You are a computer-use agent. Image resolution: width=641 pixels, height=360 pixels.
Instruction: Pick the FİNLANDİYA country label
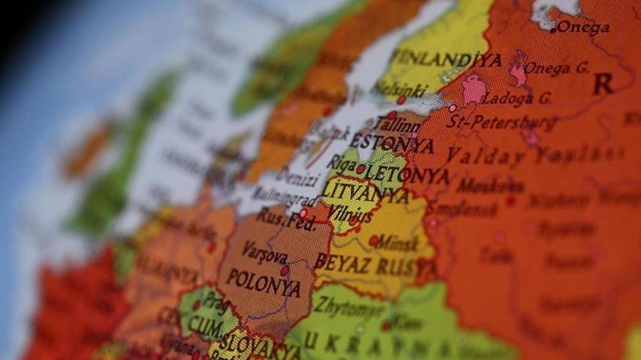coord(446,59)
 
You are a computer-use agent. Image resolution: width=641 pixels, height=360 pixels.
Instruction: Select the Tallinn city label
coord(398,127)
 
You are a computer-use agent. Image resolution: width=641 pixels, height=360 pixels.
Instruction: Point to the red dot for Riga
coord(361,169)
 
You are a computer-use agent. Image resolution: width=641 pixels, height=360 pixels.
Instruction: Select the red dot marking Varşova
coord(285,271)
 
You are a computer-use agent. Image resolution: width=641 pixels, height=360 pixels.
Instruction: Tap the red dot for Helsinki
coord(401,100)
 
